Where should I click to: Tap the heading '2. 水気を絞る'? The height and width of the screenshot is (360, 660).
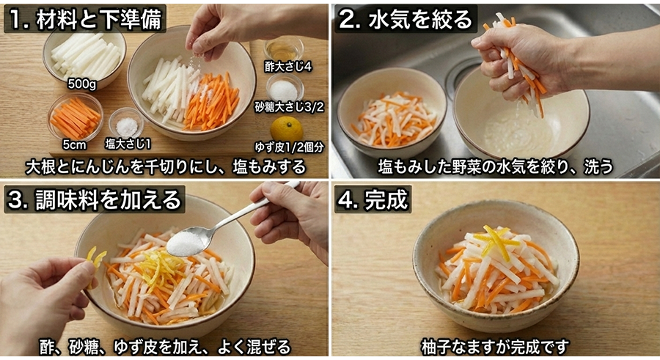[406, 18]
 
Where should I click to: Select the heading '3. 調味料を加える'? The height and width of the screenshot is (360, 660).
[94, 199]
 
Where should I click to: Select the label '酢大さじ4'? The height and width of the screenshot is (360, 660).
[289, 66]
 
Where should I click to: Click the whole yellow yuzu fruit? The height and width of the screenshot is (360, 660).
[285, 128]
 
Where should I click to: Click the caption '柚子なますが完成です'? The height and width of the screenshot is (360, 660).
[495, 345]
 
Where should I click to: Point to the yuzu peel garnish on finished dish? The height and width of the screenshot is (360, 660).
[499, 242]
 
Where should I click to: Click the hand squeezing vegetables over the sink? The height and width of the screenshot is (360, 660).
[513, 55]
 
